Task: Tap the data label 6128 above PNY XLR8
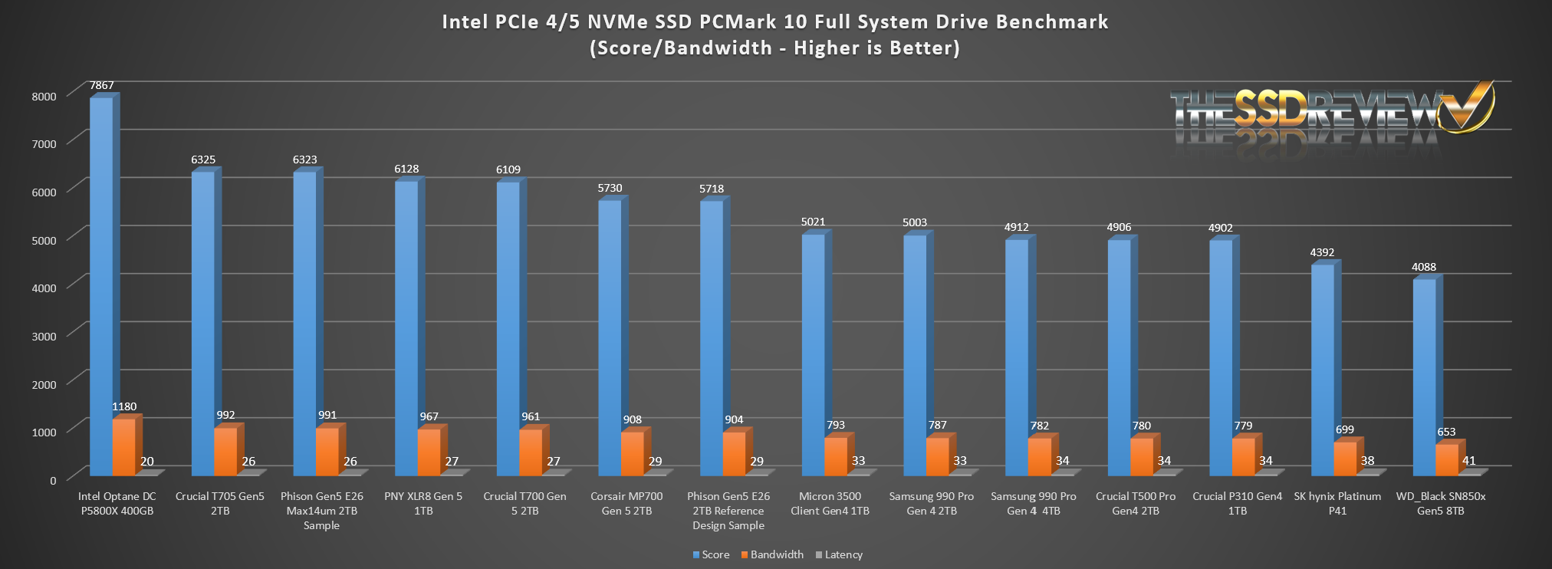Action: click(406, 169)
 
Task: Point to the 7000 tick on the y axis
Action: click(44, 144)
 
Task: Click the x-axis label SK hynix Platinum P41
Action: click(1337, 503)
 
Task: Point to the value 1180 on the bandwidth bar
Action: click(124, 407)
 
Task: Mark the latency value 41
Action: click(1468, 461)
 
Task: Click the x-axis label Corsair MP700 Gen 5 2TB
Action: click(626, 503)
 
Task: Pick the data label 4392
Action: click(1322, 252)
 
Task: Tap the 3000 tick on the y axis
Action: click(44, 336)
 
